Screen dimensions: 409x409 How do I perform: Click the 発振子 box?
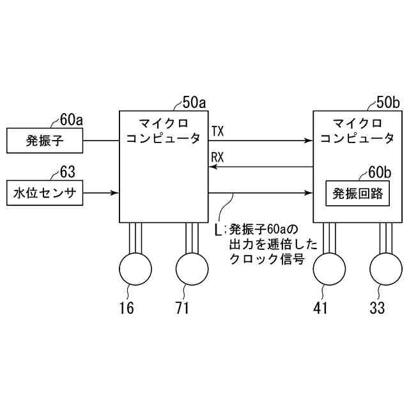click(x=45, y=141)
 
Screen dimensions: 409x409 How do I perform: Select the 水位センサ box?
click(x=45, y=192)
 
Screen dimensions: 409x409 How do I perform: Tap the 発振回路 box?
click(x=358, y=192)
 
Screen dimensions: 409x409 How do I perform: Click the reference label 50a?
click(x=194, y=102)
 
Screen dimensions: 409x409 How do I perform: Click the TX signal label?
click(x=217, y=132)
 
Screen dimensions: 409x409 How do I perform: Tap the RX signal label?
click(x=217, y=157)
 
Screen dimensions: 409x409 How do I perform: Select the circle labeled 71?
click(x=192, y=269)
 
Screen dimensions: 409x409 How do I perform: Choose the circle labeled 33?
click(x=386, y=269)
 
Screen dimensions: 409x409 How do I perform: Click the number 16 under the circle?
click(x=127, y=308)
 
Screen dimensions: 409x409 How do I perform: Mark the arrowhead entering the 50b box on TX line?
click(x=308, y=141)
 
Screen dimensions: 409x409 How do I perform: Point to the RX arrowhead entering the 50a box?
click(x=215, y=166)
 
